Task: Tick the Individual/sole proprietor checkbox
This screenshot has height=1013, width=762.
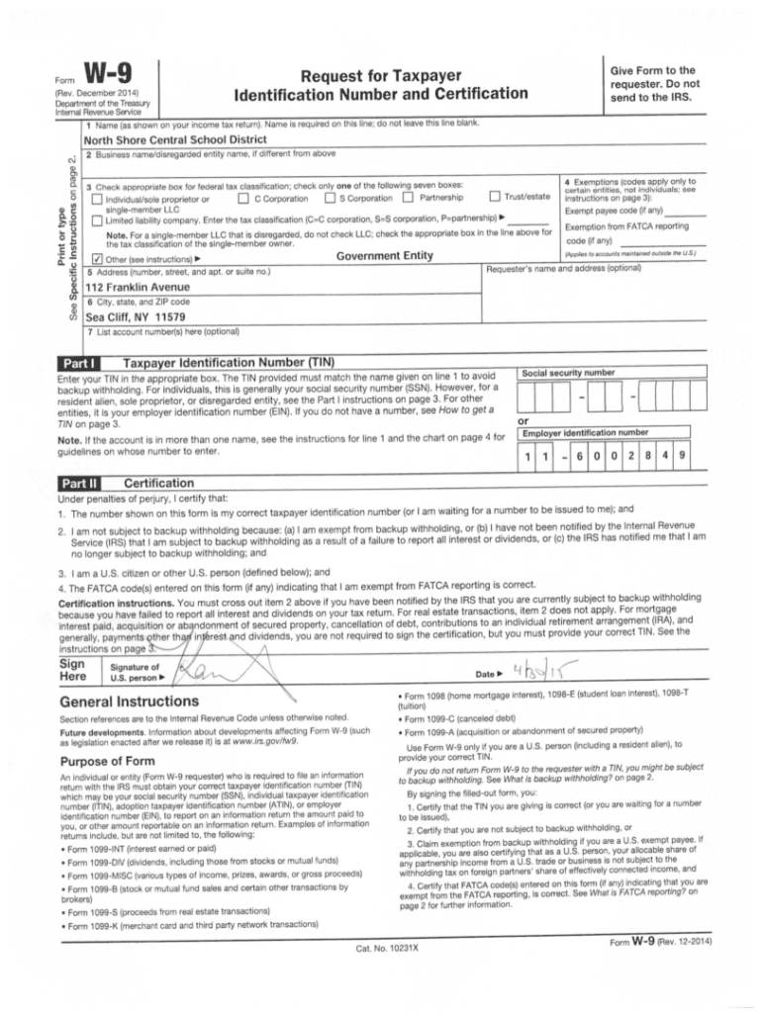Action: click(x=96, y=199)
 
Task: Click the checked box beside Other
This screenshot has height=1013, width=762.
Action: click(x=96, y=258)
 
